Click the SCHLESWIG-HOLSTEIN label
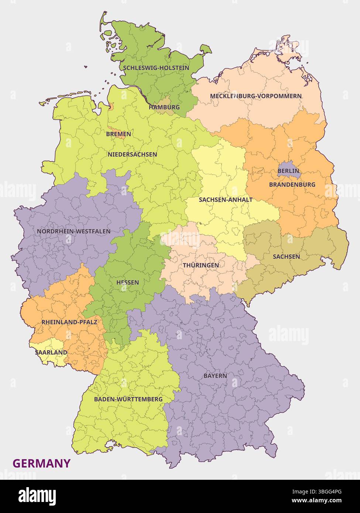click(156, 68)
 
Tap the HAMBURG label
click(164, 107)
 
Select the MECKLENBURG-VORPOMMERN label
click(256, 96)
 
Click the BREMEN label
click(119, 134)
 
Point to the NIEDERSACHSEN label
click(132, 154)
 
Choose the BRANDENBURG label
click(292, 184)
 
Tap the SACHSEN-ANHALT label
click(226, 200)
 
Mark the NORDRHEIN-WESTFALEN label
click(73, 231)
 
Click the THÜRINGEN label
click(200, 265)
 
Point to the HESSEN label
click(127, 282)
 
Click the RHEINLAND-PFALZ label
click(69, 322)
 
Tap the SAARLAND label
click(51, 352)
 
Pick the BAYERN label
click(215, 376)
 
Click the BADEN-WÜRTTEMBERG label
click(128, 399)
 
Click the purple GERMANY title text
click(41, 463)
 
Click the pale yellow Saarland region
click(44, 347)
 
